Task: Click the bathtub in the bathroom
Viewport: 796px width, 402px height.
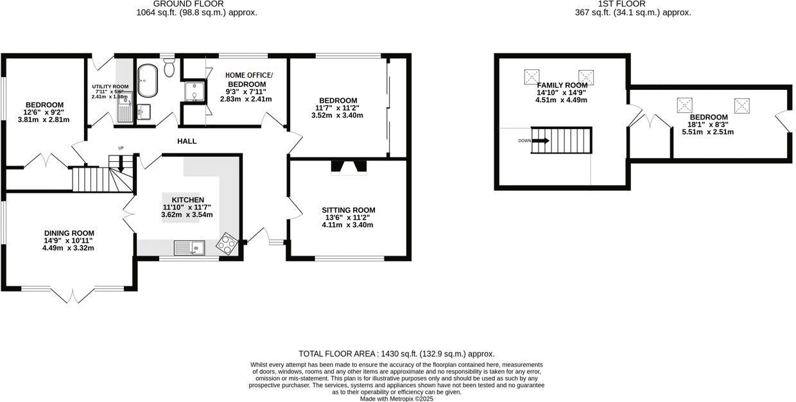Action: tap(147, 80)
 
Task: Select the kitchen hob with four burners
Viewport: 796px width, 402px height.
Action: tap(227, 243)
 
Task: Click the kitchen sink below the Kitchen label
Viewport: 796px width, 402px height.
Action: tap(189, 247)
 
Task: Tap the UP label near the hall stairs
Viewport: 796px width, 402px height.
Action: tap(121, 148)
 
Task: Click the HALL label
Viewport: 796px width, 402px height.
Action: tap(187, 141)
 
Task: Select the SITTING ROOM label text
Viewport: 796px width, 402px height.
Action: tap(349, 210)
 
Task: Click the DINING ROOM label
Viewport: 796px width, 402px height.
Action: tap(69, 233)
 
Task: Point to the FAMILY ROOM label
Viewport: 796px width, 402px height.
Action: tap(562, 85)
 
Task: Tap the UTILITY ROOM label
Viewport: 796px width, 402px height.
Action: tap(110, 86)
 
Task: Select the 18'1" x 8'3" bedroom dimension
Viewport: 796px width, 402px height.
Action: tap(709, 125)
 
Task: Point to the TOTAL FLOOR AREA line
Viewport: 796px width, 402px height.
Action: tap(397, 354)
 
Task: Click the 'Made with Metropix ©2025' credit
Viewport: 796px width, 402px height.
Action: tap(397, 398)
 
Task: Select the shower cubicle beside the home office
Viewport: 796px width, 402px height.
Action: tap(194, 92)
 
